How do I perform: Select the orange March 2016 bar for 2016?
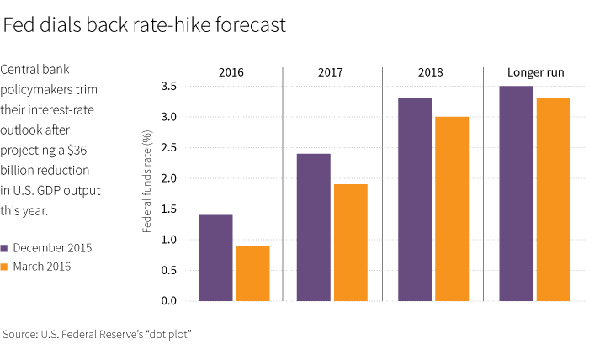tap(252, 273)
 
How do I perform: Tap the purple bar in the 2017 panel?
tap(314, 227)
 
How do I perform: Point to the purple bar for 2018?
tap(415, 199)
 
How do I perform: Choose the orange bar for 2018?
tap(452, 209)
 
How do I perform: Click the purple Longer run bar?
tap(516, 193)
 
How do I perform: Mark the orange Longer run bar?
tap(553, 199)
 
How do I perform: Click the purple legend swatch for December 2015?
tap(5, 248)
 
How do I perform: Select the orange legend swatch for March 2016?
tap(5, 267)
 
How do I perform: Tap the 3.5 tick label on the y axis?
tap(168, 86)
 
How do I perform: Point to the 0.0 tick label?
tap(168, 301)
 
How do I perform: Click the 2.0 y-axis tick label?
tap(168, 178)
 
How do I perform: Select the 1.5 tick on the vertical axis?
tap(168, 209)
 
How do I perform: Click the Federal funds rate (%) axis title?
tap(147, 181)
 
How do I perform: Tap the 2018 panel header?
tap(432, 73)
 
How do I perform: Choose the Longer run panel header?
tap(535, 73)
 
